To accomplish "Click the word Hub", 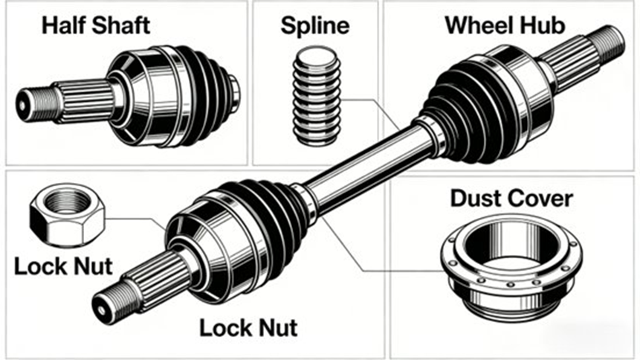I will coord(542,25).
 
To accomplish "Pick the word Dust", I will coord(479,199).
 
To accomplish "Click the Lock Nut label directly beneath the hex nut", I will coord(62,266).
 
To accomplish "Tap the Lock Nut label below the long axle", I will coord(248,327).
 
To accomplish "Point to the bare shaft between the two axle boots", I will coord(364,164).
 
